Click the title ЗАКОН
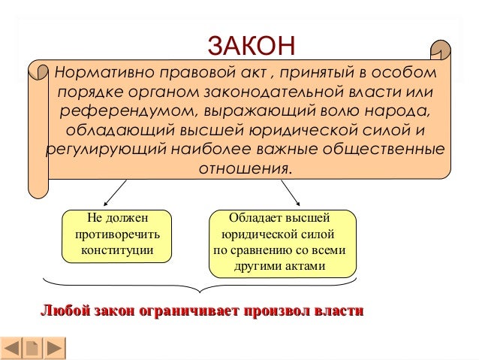(252, 45)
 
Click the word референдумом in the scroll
(127, 111)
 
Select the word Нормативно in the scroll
(104, 73)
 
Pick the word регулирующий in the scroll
(107, 150)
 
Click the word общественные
(384, 150)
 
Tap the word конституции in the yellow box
(117, 250)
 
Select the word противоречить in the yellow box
(117, 234)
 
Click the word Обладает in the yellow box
(255, 218)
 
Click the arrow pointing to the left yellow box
(115, 192)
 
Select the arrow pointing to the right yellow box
(291, 192)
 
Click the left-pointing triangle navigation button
(11, 348)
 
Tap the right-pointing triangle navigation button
(54, 348)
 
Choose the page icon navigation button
(33, 348)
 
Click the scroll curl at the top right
(441, 50)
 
